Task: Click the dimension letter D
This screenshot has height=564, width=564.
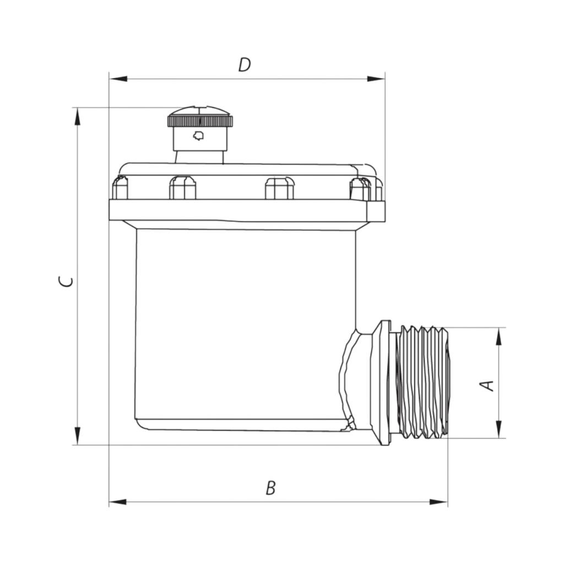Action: tap(245, 65)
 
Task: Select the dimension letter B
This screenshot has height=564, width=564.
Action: tap(270, 488)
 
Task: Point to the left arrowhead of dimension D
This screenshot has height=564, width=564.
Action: tap(118, 79)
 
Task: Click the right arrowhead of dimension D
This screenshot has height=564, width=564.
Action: tap(376, 79)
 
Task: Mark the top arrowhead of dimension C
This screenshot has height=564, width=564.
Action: tap(77, 117)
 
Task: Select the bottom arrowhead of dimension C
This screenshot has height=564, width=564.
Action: tap(77, 436)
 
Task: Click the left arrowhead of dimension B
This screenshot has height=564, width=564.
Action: tap(118, 502)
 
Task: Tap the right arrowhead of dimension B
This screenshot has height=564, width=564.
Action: tap(439, 502)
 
